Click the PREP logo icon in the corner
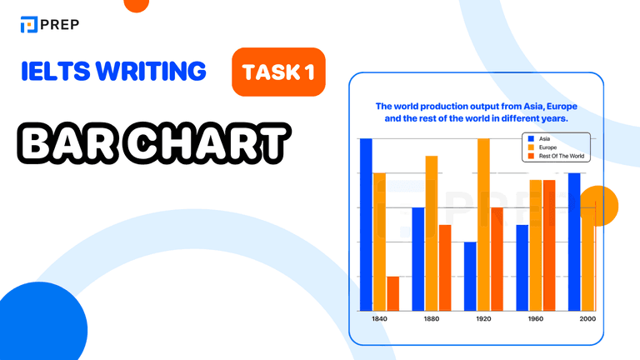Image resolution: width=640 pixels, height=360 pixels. coord(30,24)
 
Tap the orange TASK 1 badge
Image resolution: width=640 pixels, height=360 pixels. coord(278,72)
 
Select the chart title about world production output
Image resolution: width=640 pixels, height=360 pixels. coord(476,112)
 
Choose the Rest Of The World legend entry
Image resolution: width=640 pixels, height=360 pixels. coord(557,157)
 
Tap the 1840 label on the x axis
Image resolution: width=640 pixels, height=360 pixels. coord(379,318)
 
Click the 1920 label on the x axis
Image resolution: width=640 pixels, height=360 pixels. coord(483,318)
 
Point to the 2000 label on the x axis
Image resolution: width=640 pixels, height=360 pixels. coord(587,318)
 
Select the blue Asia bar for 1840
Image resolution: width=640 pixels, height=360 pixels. coord(366,224)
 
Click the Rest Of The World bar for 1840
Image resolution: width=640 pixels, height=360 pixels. coord(392,293)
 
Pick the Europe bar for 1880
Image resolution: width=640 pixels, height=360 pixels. coord(432,232)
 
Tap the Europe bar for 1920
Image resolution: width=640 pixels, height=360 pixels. coord(483,224)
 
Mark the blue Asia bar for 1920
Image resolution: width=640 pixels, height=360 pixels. coord(470,276)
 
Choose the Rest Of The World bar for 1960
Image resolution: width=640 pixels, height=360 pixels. coord(549,245)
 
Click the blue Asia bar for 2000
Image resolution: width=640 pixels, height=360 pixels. coord(574,242)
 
